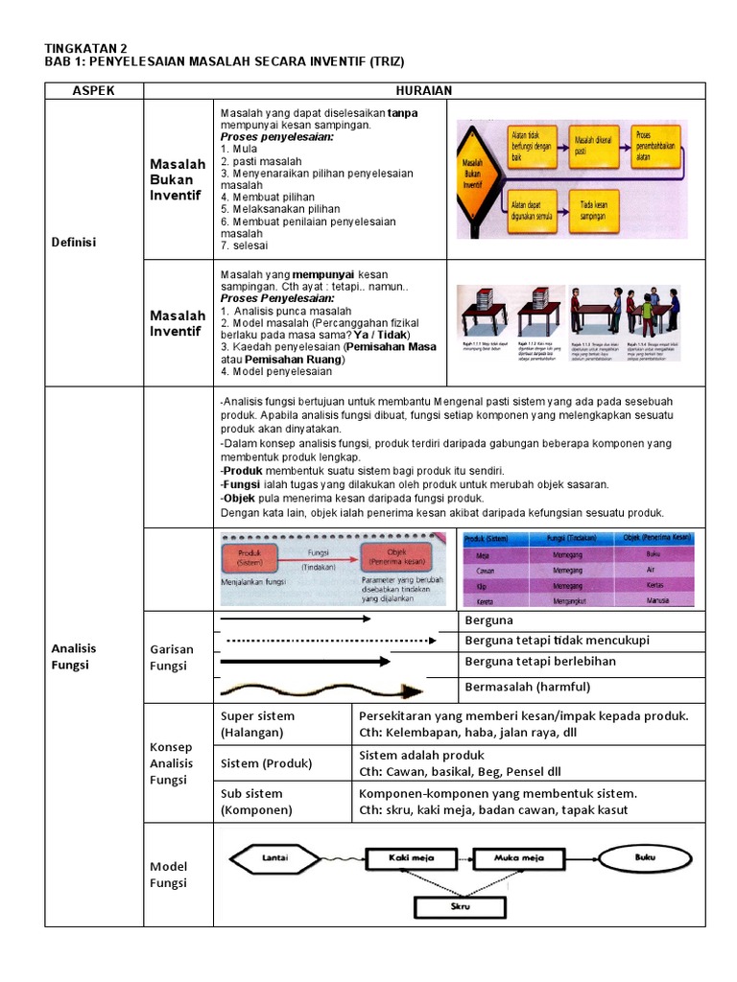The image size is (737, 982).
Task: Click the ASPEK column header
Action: point(94,90)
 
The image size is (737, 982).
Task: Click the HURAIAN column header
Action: point(424,90)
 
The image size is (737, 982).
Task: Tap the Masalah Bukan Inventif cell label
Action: point(178,179)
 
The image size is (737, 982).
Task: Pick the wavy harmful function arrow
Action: point(322,690)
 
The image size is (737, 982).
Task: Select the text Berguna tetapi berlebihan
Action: point(540,662)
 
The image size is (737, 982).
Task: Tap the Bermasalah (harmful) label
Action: point(527,687)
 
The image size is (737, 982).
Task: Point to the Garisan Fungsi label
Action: point(172,657)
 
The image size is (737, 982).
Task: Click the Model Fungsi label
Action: point(169,875)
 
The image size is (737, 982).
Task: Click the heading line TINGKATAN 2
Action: point(85,48)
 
